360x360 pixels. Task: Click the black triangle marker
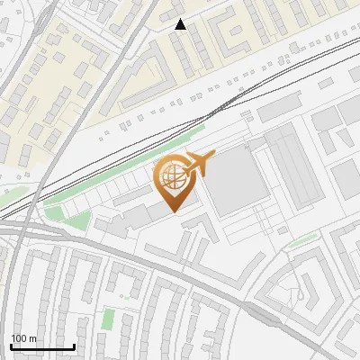(x=181, y=24)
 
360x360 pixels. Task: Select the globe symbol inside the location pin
(x=171, y=176)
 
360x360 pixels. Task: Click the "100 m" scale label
(x=24, y=337)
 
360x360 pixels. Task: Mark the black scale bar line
(x=42, y=346)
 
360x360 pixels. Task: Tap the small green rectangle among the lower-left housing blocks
(x=108, y=318)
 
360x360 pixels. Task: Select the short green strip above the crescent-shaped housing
(x=303, y=240)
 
